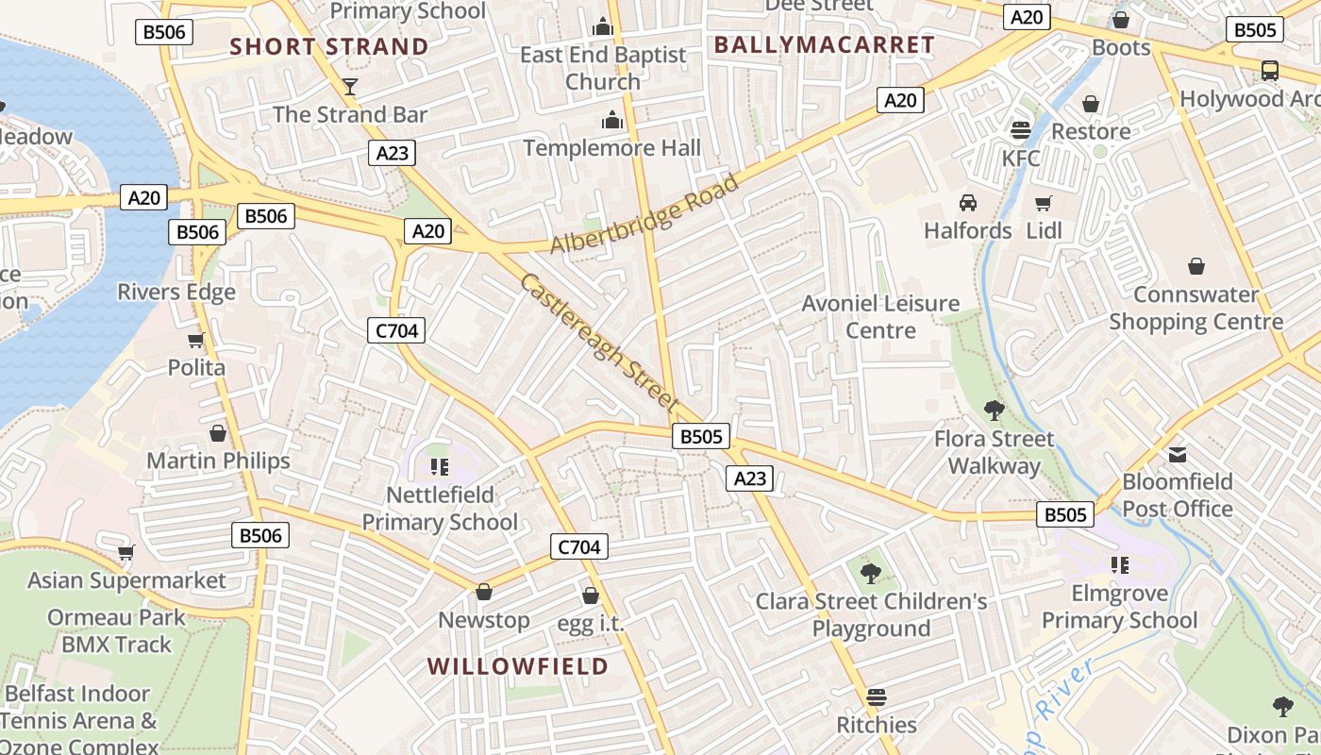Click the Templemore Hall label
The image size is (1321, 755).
coord(612,148)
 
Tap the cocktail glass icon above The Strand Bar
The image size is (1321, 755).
coord(350,87)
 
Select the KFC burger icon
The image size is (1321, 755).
coord(1020,130)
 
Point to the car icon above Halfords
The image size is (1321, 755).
coord(967,203)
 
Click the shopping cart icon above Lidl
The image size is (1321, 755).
coord(1043,203)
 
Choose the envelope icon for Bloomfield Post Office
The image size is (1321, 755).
coord(1178,455)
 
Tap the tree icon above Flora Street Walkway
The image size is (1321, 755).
coord(994,411)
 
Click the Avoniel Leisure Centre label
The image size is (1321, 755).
coord(879,317)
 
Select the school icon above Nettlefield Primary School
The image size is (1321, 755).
coord(439,467)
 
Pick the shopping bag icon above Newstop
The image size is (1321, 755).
coord(484,592)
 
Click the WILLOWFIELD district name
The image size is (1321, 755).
coord(518,666)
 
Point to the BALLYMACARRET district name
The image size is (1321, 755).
coord(824,44)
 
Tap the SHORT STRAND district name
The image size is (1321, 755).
coord(329,46)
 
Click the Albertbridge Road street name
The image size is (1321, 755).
coord(644,214)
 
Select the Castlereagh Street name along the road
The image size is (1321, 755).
coord(599,342)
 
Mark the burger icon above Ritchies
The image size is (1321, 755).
coord(877,697)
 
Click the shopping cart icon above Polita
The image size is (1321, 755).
coord(195,340)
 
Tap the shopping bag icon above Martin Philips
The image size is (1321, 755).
coord(218,433)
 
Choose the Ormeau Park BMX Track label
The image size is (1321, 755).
coord(117,631)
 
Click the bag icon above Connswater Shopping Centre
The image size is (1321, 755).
coord(1196,266)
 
